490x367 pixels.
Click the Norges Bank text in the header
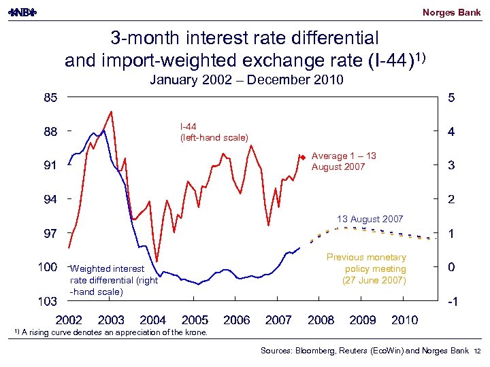point(451,12)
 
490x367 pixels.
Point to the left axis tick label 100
point(48,268)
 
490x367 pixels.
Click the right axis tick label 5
point(451,97)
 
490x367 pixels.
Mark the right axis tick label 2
point(451,200)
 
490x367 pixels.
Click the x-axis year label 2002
point(69,319)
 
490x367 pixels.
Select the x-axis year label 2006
point(237,319)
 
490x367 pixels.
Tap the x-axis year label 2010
point(404,319)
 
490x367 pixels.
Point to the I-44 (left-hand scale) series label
point(214,133)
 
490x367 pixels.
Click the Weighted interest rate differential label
point(114,280)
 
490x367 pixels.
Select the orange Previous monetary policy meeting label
point(366,268)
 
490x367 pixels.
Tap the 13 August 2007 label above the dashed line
point(370,219)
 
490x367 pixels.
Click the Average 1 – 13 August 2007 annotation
point(344,161)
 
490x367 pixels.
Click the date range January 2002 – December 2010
point(246,81)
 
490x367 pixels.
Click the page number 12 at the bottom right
point(477,351)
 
